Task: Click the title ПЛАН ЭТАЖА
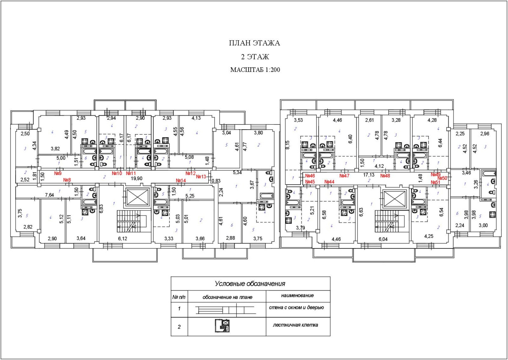pyautogui.click(x=254, y=43)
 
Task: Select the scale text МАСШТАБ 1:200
pyautogui.click(x=255, y=70)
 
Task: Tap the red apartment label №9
pyautogui.click(x=58, y=173)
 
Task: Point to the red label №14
pyautogui.click(x=181, y=180)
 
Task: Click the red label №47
pyautogui.click(x=344, y=176)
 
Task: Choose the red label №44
pyautogui.click(x=329, y=182)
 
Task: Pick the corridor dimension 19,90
pyautogui.click(x=137, y=179)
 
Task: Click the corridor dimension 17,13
pyautogui.click(x=369, y=175)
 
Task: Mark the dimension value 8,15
pyautogui.click(x=288, y=145)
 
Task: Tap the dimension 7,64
pyautogui.click(x=49, y=195)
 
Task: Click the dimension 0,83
pyautogui.click(x=216, y=181)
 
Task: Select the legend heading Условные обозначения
pyautogui.click(x=250, y=284)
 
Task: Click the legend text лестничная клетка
pyautogui.click(x=295, y=325)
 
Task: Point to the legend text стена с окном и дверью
pyautogui.click(x=296, y=308)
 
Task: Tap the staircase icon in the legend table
pyautogui.click(x=222, y=326)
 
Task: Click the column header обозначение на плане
pyautogui.click(x=227, y=297)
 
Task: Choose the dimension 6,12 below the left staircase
pyautogui.click(x=122, y=239)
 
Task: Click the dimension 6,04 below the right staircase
pyautogui.click(x=383, y=239)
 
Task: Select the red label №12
pyautogui.click(x=190, y=173)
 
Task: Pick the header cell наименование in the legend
pyautogui.click(x=297, y=295)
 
